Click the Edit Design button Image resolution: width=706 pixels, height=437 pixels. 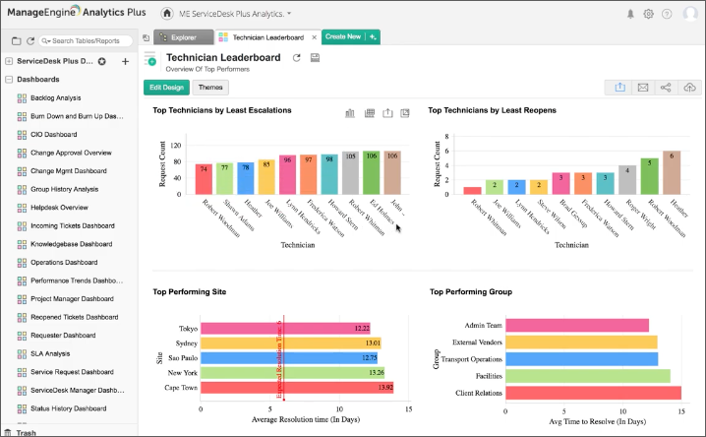(x=166, y=88)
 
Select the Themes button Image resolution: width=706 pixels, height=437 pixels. (x=210, y=88)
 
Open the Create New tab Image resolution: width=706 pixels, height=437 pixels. (x=342, y=37)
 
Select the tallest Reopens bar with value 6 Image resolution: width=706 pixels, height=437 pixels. (x=672, y=172)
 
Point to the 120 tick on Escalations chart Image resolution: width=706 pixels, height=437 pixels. (x=177, y=146)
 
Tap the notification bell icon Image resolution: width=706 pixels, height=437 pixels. (x=630, y=14)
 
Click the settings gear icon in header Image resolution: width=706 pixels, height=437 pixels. (x=648, y=14)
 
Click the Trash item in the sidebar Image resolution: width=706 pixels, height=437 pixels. (x=28, y=432)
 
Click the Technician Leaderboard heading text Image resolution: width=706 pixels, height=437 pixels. (x=223, y=58)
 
